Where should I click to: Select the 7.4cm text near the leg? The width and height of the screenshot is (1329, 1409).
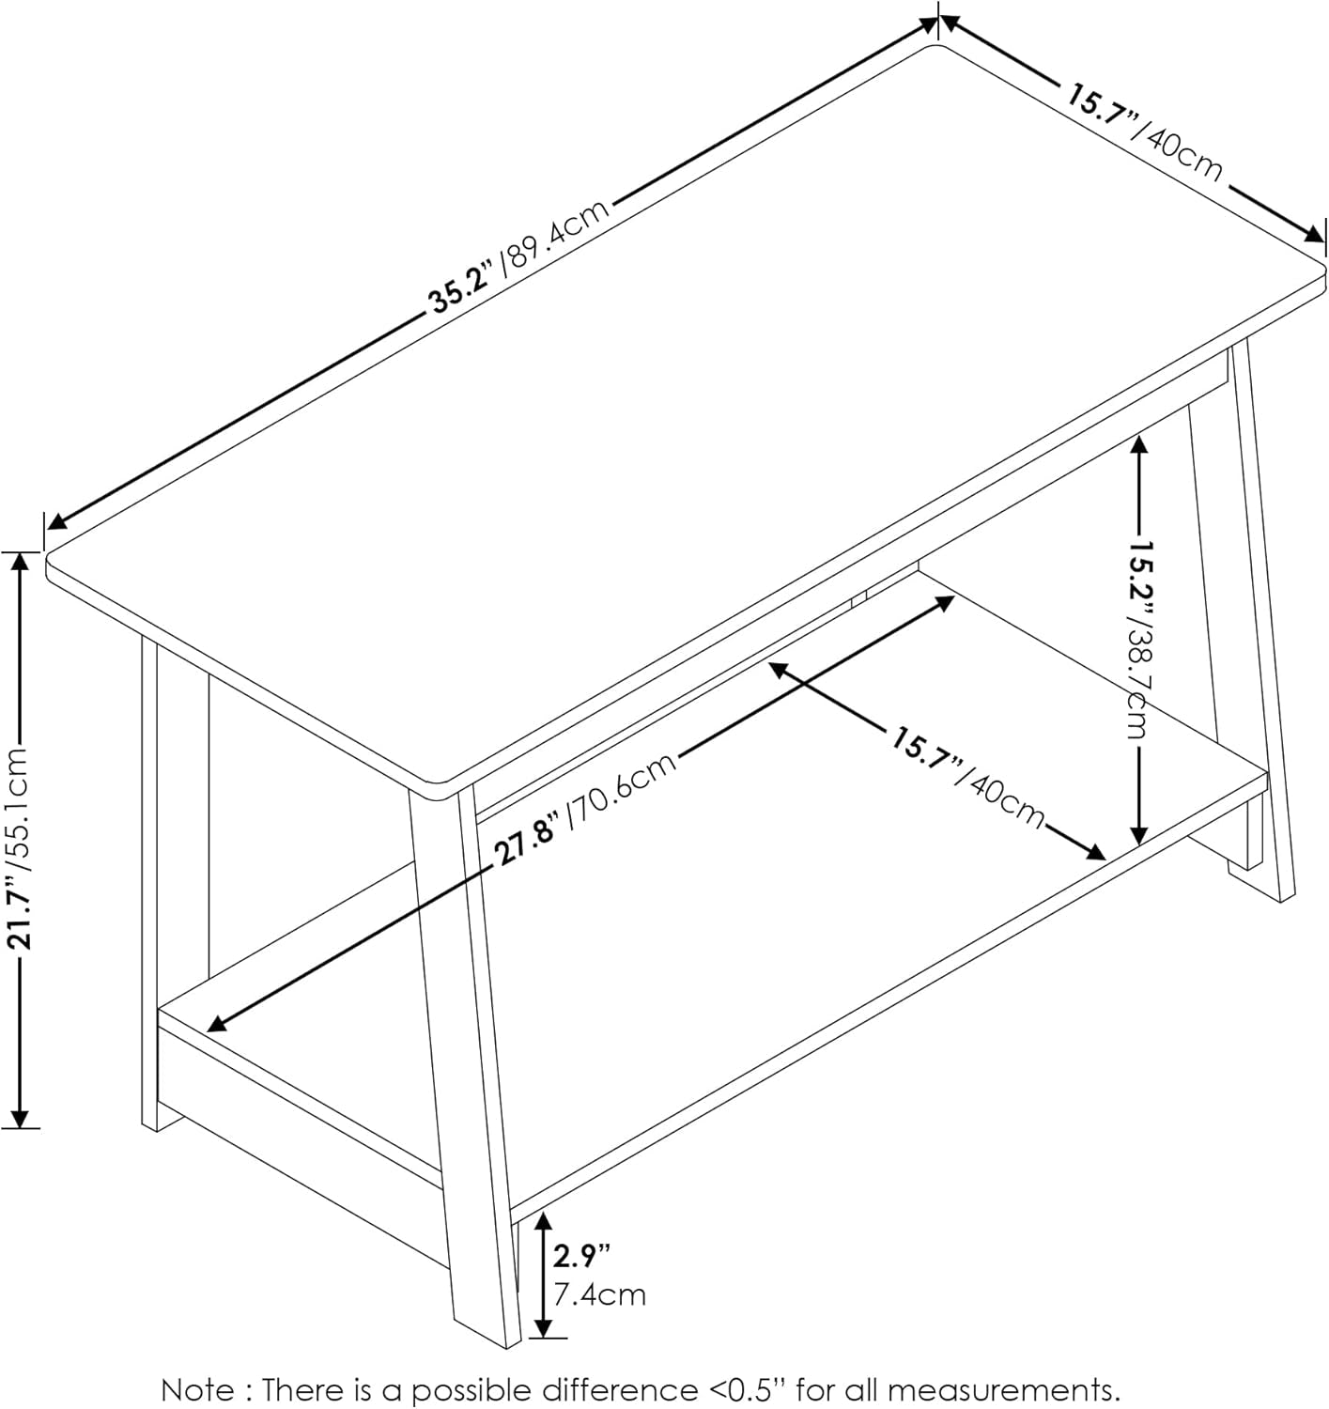click(x=598, y=1294)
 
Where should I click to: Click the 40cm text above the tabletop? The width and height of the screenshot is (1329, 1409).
click(x=1182, y=153)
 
